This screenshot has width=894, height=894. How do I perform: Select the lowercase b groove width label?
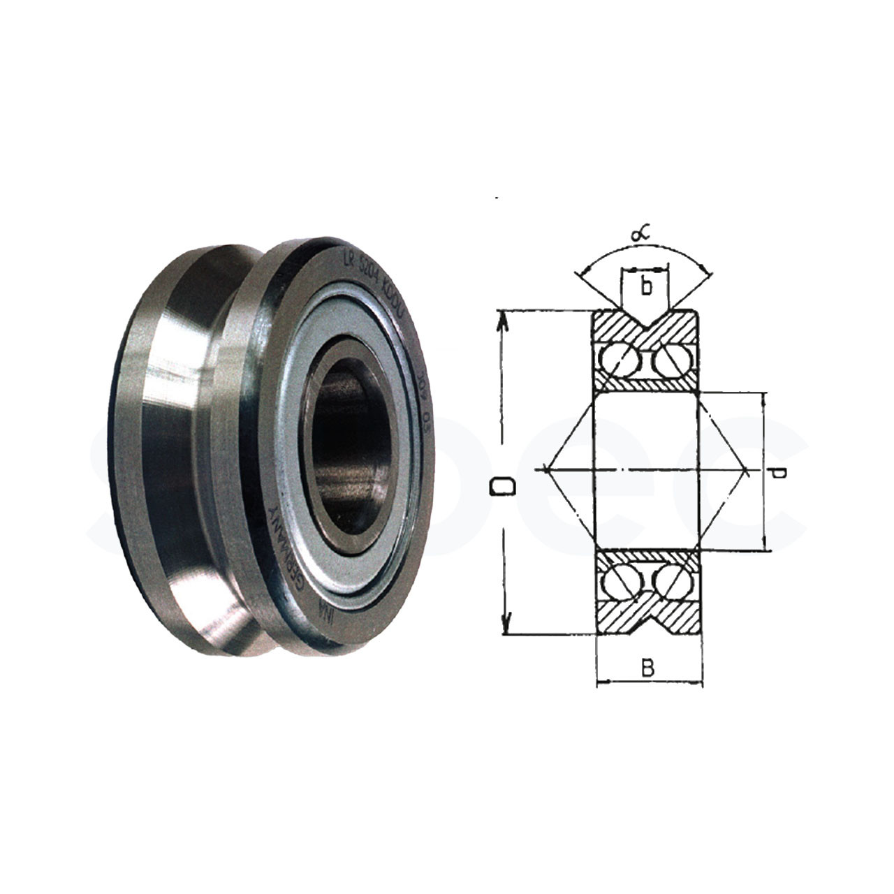tap(647, 286)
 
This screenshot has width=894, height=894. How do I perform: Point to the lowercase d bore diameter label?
tap(779, 474)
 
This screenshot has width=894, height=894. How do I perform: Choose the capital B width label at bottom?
tap(647, 668)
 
